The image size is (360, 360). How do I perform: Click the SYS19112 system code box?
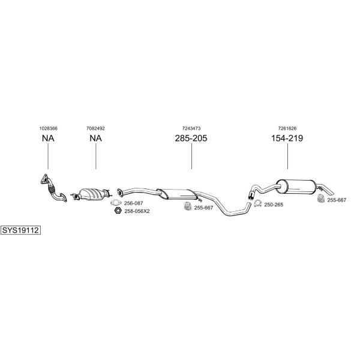20,230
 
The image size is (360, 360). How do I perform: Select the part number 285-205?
191,138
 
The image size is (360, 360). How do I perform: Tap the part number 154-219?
287,138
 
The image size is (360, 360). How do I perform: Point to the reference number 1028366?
48,128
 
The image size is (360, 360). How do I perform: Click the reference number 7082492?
95,128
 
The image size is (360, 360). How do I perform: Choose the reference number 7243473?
191,128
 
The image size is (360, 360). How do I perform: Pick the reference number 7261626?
287,128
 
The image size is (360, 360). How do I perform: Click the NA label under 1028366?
48,138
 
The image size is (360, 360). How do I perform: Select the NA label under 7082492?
96,138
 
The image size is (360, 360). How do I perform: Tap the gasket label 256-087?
133,203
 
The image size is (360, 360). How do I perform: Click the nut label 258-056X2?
137,211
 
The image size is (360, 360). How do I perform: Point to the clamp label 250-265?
274,205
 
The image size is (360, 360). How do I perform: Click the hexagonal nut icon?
118,211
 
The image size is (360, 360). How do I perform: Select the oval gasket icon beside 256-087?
116,203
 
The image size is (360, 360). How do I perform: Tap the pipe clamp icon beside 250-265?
258,203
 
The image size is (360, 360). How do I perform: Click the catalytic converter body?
91,194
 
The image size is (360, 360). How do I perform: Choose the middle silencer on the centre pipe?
177,194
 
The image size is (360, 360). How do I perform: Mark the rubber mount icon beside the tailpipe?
321,199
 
